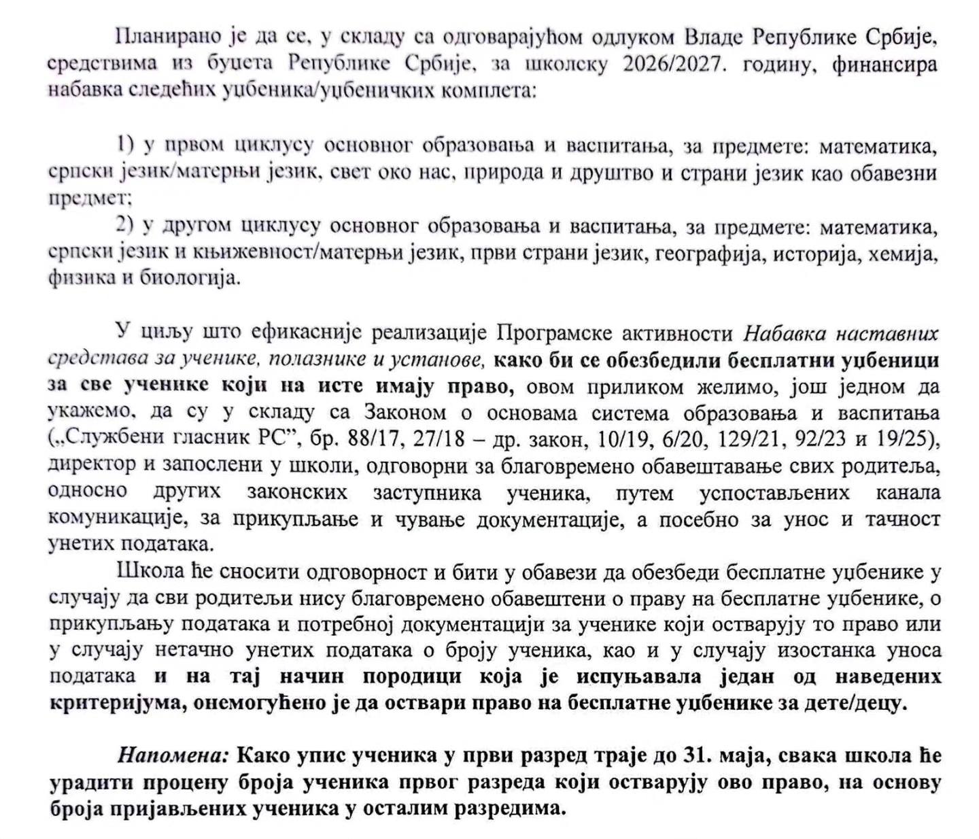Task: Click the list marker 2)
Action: tap(126, 225)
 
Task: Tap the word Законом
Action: tap(405, 413)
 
